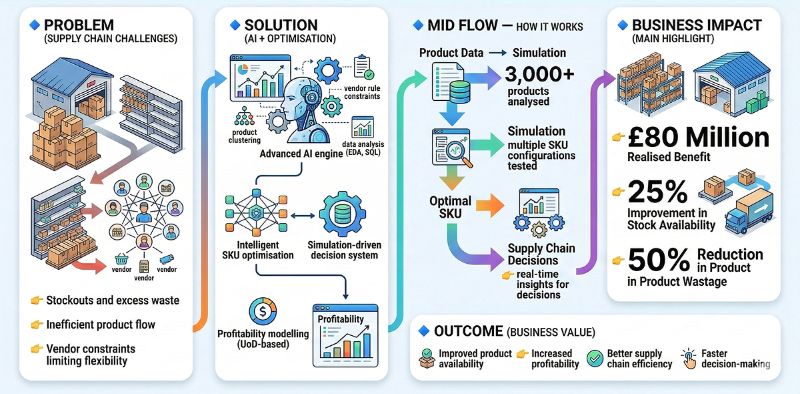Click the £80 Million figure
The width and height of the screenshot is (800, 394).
(698, 138)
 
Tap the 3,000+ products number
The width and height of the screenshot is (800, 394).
(539, 75)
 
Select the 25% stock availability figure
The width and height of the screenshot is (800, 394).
(658, 192)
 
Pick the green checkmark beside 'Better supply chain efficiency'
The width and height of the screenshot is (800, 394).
(594, 359)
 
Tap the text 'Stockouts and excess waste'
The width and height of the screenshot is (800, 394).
(112, 300)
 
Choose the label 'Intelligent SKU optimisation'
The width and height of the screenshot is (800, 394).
(257, 250)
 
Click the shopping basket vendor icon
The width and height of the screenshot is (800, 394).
(121, 259)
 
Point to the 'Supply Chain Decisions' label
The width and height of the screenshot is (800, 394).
(541, 254)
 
